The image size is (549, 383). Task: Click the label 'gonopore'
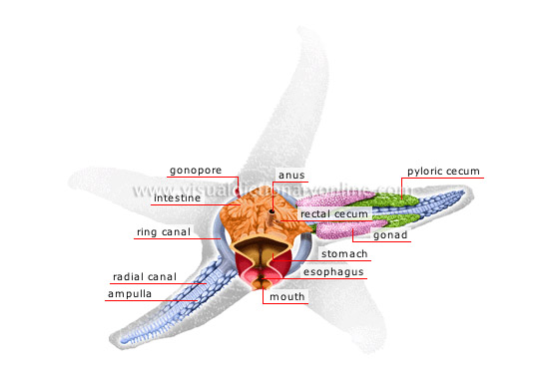pyautogui.click(x=196, y=170)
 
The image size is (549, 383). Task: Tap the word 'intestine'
pyautogui.click(x=177, y=197)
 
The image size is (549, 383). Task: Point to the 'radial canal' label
pyautogui.click(x=140, y=276)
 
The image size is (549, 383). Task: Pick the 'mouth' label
pyautogui.click(x=284, y=296)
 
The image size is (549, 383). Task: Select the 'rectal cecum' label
pyautogui.click(x=334, y=213)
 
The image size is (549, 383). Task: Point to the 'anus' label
pyautogui.click(x=291, y=176)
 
